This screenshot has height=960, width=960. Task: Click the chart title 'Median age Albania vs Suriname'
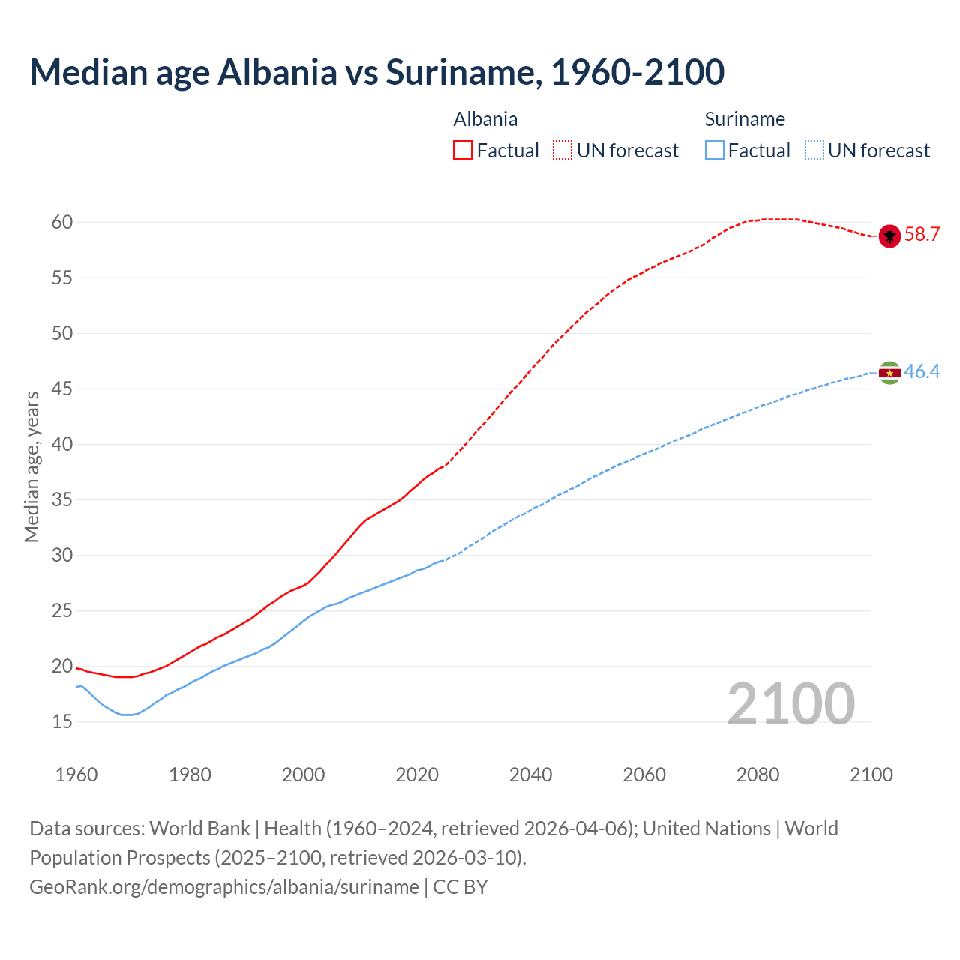(376, 72)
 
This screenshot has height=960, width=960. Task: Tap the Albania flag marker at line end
(889, 235)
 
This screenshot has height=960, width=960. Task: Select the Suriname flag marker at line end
(889, 372)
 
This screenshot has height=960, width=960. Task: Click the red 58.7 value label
(922, 235)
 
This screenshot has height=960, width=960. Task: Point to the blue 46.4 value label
(922, 371)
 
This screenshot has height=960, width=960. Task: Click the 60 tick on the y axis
(62, 222)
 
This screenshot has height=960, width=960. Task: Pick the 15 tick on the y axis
(62, 721)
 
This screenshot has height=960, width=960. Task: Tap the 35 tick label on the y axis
(62, 499)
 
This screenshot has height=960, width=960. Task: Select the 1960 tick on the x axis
(76, 775)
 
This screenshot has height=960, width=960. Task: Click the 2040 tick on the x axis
(530, 775)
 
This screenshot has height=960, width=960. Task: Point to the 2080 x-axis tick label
(757, 775)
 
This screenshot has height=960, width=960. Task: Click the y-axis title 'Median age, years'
(31, 466)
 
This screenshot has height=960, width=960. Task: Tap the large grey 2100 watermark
(790, 703)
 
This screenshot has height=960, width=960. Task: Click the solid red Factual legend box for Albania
(463, 151)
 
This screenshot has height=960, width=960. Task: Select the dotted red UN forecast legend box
(562, 151)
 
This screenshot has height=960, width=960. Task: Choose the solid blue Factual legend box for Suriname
(715, 151)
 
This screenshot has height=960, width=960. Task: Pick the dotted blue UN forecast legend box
(814, 151)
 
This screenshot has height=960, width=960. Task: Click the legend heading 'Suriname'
(745, 119)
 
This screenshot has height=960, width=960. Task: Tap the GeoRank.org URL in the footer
(223, 887)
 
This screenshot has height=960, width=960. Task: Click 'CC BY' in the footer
(460, 887)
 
